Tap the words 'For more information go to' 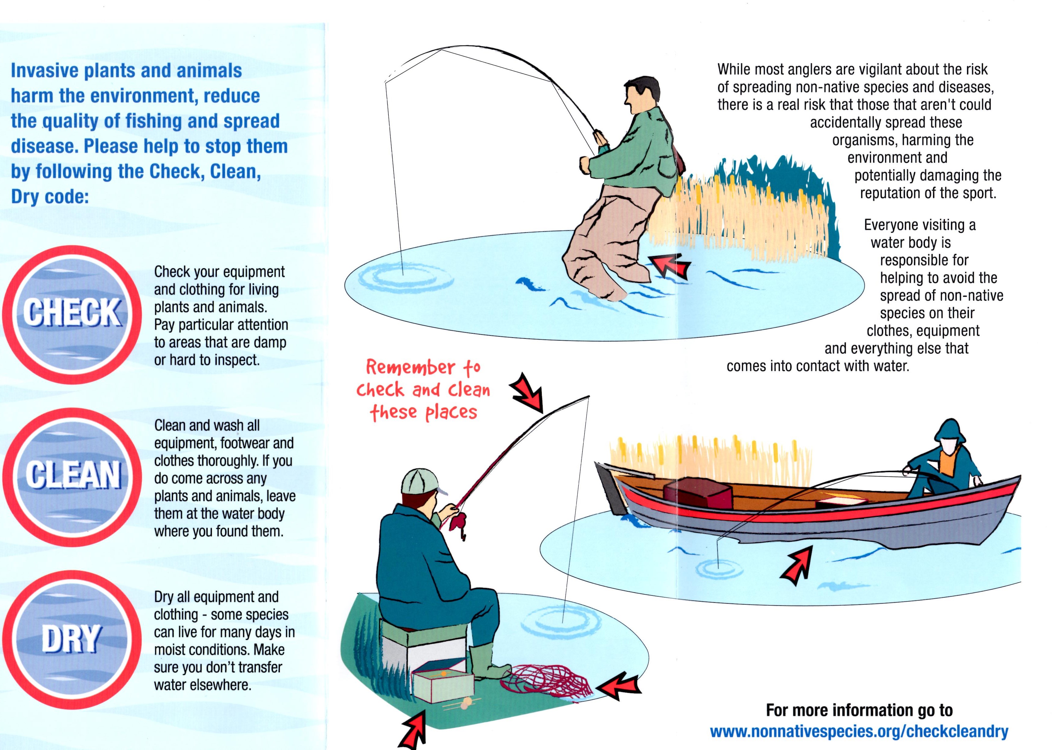(859, 709)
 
